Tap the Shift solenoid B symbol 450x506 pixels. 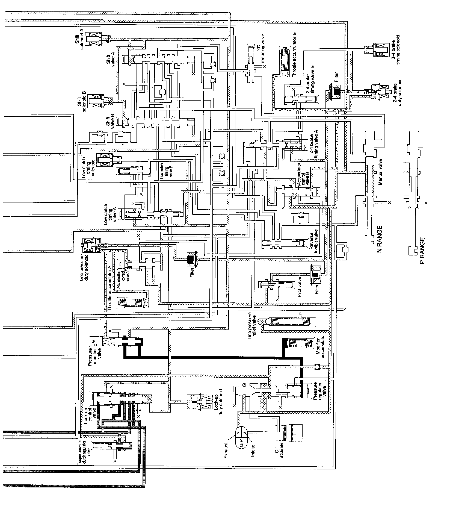pos(98,100)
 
